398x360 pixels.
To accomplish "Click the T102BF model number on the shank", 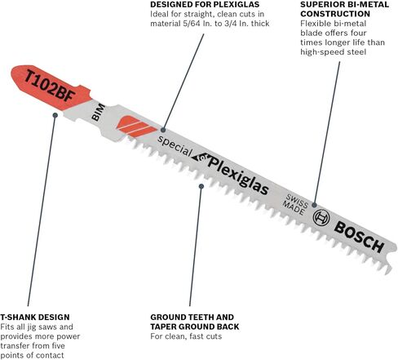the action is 50,86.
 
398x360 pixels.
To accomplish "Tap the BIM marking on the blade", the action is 98,112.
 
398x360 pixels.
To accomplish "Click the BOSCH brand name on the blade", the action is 359,237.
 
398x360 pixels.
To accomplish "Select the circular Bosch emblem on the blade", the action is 321,217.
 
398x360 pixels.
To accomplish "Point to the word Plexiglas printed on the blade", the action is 238,176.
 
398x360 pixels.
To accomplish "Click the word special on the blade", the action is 175,146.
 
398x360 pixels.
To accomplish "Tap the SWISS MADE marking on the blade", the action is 294,204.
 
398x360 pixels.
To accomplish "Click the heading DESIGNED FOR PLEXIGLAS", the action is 205,4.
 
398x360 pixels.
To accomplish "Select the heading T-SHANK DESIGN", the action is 35,317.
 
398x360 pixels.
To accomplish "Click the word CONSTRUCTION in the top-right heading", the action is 335,14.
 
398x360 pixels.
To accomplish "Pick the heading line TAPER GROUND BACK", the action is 195,327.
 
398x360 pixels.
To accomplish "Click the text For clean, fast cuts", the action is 186,336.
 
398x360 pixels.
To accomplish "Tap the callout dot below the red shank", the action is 55,115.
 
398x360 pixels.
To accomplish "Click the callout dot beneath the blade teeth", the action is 201,186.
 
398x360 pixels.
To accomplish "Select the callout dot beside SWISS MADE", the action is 314,205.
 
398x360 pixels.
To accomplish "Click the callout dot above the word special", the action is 163,130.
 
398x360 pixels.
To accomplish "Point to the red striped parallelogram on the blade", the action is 137,127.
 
